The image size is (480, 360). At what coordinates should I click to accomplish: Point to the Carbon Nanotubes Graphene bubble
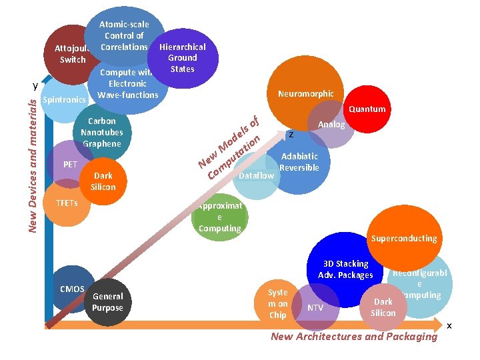click(x=102, y=133)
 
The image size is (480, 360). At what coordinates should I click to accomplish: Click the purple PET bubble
click(x=70, y=165)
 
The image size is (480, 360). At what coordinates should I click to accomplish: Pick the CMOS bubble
click(x=71, y=289)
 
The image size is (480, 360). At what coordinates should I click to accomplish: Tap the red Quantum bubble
click(x=367, y=109)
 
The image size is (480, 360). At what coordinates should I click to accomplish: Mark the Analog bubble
click(x=331, y=125)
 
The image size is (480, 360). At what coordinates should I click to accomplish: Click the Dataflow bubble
click(x=255, y=176)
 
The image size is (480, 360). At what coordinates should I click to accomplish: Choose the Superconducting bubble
click(x=404, y=238)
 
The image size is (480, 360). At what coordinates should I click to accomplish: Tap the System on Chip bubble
click(x=277, y=303)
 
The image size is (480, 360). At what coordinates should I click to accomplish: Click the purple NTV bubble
click(x=315, y=307)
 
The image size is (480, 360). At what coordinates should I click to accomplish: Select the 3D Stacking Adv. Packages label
click(x=345, y=269)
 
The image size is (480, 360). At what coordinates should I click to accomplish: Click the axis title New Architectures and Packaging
click(x=354, y=337)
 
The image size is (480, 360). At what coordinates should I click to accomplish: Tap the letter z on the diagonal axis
click(x=291, y=135)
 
